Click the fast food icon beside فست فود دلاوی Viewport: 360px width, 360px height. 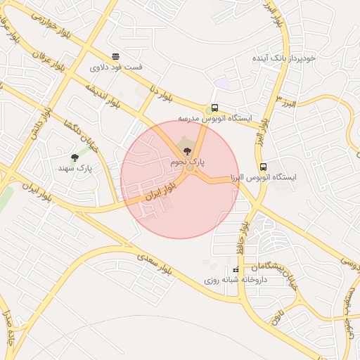click(115, 57)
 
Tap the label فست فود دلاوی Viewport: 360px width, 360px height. click(116, 68)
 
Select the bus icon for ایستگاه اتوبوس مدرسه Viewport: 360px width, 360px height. click(214, 108)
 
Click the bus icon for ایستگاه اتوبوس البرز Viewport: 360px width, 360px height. click(263, 167)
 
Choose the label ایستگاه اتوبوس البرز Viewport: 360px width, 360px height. click(263, 178)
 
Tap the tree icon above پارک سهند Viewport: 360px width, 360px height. click(75, 157)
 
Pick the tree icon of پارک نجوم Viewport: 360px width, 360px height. click(186, 150)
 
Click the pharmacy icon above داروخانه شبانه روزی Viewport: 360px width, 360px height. click(236, 269)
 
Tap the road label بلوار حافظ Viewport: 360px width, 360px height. click(243, 232)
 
